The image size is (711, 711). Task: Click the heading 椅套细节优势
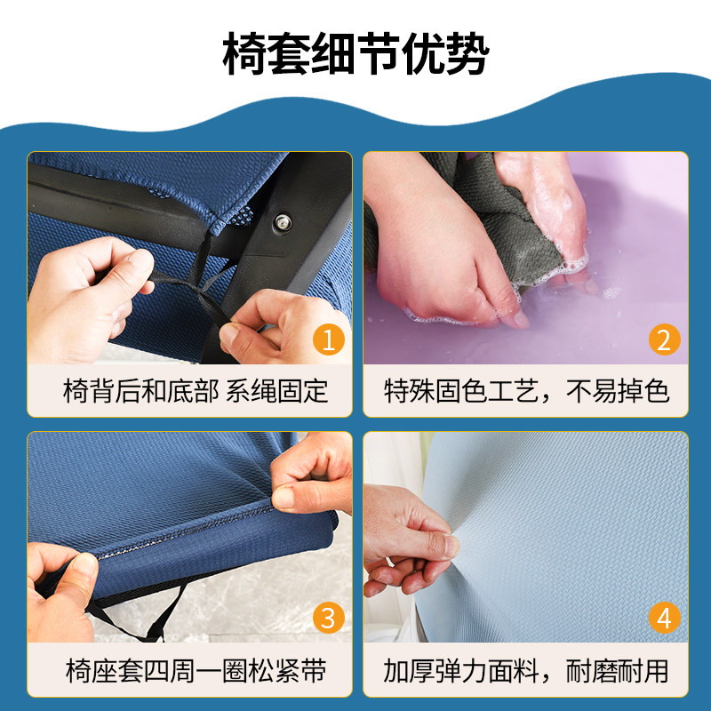[355, 56]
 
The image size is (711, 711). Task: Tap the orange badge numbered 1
[330, 340]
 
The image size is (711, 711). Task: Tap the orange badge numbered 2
[663, 340]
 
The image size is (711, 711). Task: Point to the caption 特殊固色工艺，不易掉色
[526, 391]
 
